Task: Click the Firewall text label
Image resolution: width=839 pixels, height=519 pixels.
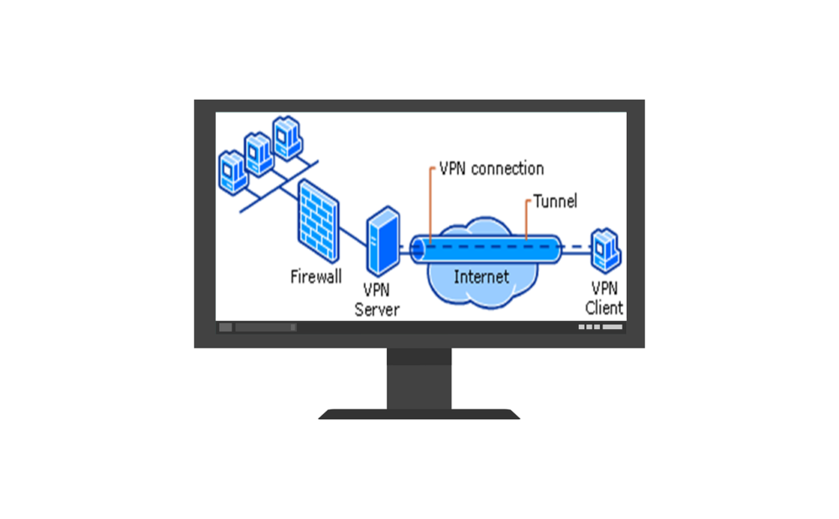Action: (316, 276)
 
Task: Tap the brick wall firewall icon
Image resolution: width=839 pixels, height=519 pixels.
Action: (318, 223)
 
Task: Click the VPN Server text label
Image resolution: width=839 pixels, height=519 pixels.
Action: (377, 299)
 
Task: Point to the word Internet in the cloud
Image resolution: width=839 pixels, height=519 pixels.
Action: (481, 276)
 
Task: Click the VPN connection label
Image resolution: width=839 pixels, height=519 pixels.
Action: (492, 169)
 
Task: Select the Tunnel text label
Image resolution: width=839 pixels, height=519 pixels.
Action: (555, 202)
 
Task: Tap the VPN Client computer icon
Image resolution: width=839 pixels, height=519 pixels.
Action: (605, 249)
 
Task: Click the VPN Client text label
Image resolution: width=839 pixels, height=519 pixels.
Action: (604, 298)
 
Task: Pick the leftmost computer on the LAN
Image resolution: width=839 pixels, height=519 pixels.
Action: (232, 172)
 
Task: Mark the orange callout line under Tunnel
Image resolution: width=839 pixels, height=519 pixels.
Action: (526, 220)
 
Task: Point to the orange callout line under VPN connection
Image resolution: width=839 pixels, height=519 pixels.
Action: (430, 206)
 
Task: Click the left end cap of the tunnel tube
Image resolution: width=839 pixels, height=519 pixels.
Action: (418, 249)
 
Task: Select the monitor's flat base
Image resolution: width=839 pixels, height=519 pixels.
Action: (419, 414)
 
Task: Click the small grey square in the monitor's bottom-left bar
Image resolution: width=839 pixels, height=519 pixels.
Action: (226, 328)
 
